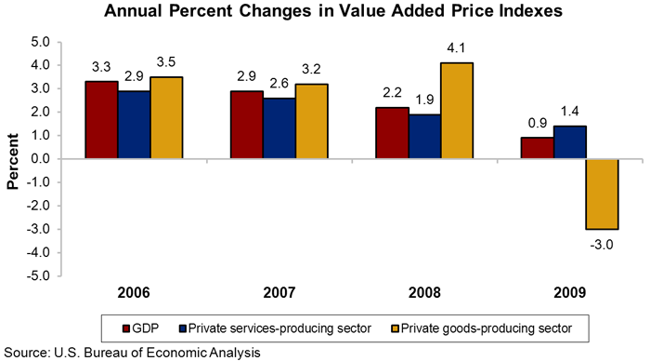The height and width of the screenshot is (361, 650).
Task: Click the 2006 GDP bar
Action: coord(101,120)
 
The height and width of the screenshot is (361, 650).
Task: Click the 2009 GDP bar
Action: coord(536,148)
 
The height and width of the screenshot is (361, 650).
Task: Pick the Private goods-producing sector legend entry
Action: coord(474,328)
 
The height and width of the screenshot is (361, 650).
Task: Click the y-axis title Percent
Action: coord(13,159)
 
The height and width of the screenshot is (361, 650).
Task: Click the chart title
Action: coord(324,12)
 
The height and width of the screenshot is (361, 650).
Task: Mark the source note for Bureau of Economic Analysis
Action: coord(130,352)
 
